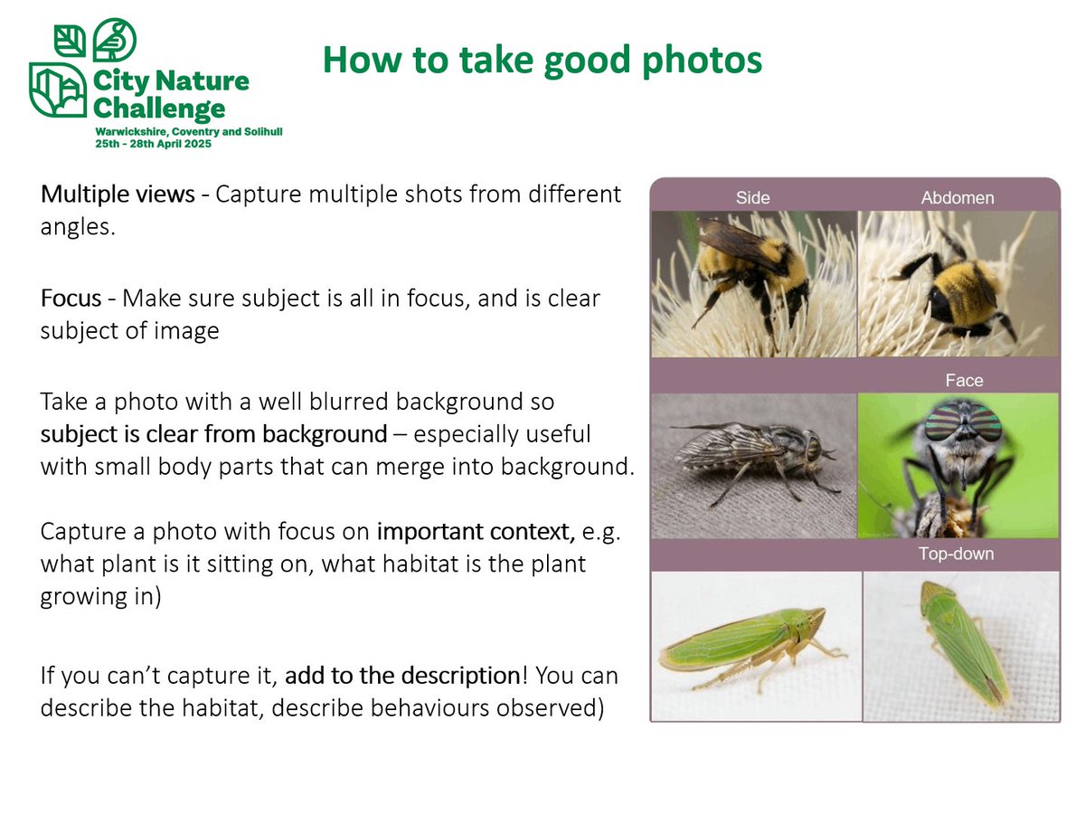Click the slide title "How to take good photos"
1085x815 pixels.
542,61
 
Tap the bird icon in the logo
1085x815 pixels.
115,40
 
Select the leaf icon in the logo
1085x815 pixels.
69,40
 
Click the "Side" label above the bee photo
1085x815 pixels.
752,198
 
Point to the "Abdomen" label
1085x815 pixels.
958,198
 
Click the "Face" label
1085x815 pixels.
964,381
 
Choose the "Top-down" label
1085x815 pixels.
956,554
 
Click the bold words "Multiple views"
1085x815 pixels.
117,194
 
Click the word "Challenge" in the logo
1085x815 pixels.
159,109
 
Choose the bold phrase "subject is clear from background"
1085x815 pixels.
213,434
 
